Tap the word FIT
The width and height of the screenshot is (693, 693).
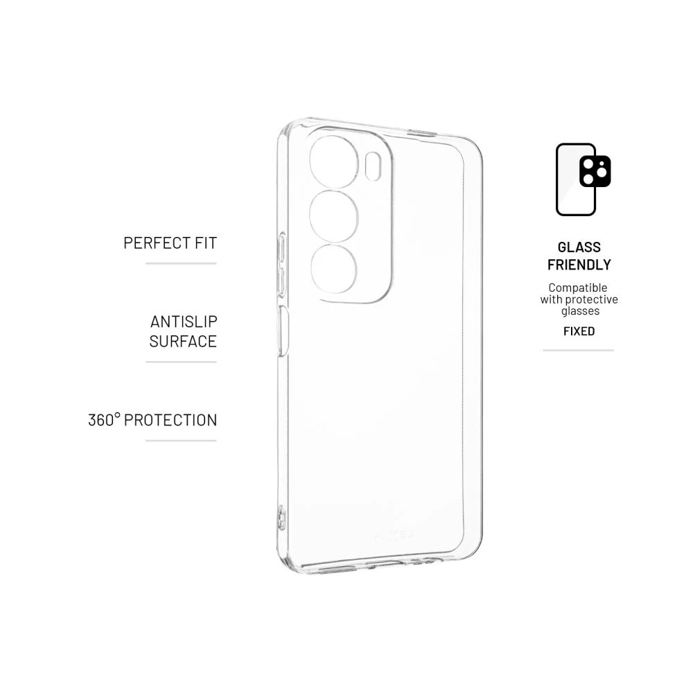(x=207, y=243)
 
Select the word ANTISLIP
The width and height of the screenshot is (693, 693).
(x=184, y=322)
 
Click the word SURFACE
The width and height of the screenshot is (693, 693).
(x=183, y=341)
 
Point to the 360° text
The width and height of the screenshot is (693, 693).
(x=104, y=420)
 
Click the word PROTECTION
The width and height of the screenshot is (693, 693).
(x=170, y=420)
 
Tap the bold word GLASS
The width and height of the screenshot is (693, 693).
(x=579, y=247)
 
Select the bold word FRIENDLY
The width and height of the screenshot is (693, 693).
(x=579, y=265)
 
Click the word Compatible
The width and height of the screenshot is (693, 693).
(x=578, y=288)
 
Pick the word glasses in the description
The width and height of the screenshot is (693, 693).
(x=580, y=311)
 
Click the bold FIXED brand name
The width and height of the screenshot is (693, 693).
(x=579, y=331)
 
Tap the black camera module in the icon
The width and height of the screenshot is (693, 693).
(x=595, y=171)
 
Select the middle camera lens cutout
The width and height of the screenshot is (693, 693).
(x=334, y=216)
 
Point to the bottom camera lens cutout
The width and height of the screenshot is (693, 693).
(x=334, y=268)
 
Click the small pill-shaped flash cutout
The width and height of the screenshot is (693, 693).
(x=374, y=166)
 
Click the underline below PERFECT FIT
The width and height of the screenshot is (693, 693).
(x=181, y=263)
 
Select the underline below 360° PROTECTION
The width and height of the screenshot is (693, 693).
(x=181, y=440)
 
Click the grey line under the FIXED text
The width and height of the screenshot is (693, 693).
(x=579, y=351)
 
